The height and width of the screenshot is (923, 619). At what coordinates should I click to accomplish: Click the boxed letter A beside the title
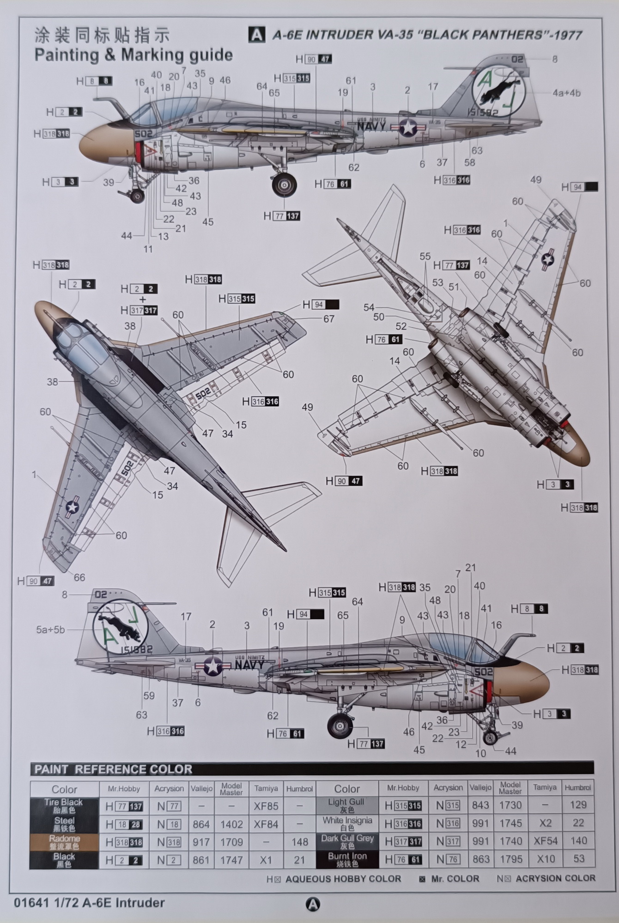(x=257, y=35)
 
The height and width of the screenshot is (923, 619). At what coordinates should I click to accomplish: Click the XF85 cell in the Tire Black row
(x=266, y=806)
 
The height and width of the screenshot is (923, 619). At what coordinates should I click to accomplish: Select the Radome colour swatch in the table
(x=64, y=842)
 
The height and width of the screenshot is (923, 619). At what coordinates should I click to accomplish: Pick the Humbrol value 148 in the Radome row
(x=299, y=842)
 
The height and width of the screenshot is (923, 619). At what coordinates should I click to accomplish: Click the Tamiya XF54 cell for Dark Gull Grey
(x=545, y=841)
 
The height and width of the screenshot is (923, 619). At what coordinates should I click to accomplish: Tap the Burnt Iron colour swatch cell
(x=347, y=859)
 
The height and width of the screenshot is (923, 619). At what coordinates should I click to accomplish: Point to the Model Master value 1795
(x=510, y=859)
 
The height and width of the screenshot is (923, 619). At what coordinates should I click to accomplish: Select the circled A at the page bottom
(x=313, y=904)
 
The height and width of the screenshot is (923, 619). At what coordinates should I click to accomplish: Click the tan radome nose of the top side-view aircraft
(x=95, y=142)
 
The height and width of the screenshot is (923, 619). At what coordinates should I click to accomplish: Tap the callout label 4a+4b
(x=566, y=93)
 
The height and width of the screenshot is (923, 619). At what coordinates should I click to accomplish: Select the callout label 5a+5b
(x=51, y=629)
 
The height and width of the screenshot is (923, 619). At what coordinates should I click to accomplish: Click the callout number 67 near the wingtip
(x=328, y=319)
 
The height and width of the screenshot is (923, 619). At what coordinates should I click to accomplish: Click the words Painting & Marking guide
(x=134, y=55)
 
